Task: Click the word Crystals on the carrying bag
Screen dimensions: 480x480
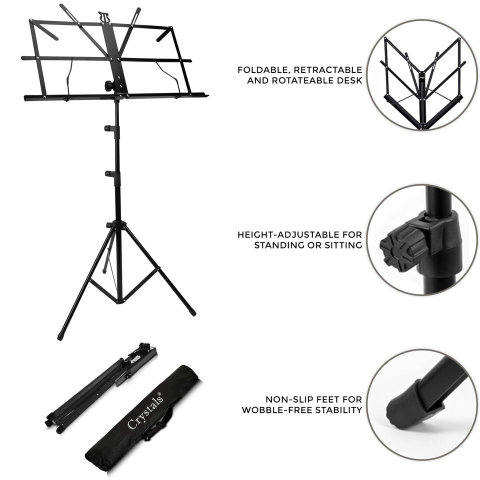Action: click(145, 411)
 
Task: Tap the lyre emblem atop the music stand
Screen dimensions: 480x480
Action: click(103, 16)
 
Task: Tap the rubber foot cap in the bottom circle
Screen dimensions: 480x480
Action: click(404, 402)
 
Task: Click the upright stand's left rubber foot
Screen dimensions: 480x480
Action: click(60, 335)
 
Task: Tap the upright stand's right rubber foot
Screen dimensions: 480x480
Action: click(192, 312)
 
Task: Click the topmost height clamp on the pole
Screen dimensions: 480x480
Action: click(111, 128)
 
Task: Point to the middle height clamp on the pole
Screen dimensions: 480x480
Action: click(111, 173)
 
